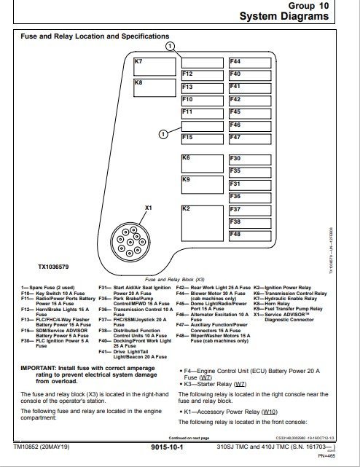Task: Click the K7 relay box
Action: point(154,67)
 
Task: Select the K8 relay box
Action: point(154,93)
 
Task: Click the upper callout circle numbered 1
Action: point(170,46)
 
